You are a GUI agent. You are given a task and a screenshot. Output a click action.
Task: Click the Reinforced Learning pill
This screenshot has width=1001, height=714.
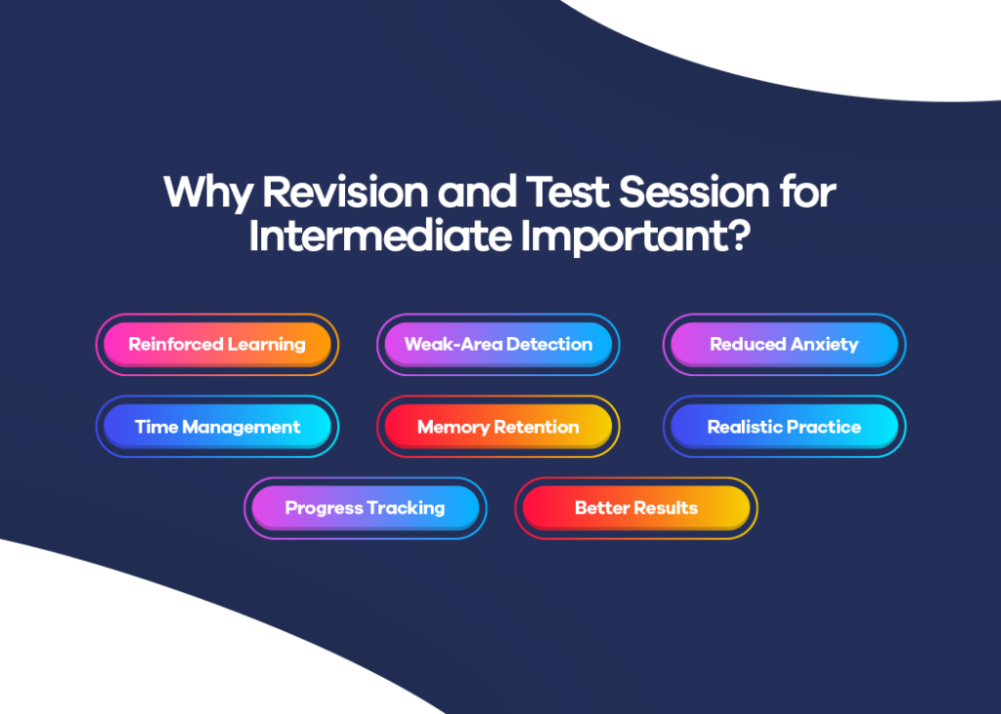[217, 345]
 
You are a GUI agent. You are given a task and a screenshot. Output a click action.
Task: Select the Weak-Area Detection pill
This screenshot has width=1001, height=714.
[499, 345]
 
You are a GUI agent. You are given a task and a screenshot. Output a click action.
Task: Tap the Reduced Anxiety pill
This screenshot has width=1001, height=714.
[784, 345]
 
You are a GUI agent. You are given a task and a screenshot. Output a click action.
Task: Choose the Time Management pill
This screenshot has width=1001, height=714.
[217, 427]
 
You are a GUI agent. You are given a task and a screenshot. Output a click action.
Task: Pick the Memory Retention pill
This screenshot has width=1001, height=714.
[499, 427]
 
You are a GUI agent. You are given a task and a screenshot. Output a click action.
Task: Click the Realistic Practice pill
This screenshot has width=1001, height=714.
[784, 427]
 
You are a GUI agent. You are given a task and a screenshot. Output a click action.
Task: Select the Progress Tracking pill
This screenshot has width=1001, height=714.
[365, 508]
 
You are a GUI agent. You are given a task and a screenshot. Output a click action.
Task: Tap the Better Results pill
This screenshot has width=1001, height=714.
[635, 508]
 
